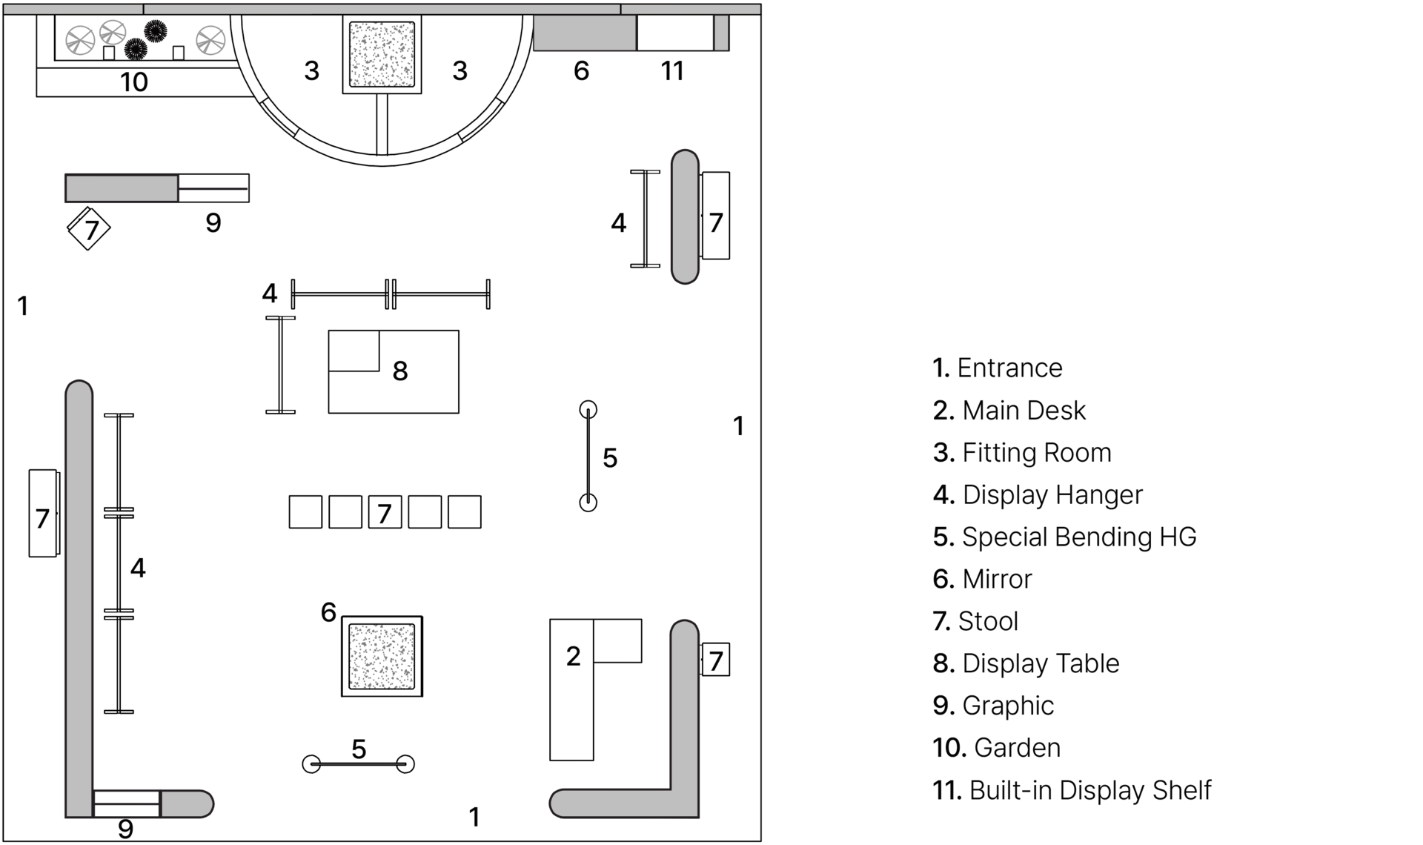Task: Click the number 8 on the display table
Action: (400, 371)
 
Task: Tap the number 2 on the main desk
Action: (573, 656)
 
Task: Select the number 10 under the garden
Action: (134, 82)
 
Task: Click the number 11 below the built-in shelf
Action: (672, 71)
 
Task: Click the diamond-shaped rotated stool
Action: (89, 228)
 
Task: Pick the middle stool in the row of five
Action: (385, 512)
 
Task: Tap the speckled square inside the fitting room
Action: (382, 55)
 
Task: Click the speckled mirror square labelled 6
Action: (382, 656)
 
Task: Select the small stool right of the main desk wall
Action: (715, 660)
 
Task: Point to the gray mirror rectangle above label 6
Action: (584, 33)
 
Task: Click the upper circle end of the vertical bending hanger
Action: (588, 409)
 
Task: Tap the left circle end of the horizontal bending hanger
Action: (312, 763)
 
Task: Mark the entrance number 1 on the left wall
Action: (23, 305)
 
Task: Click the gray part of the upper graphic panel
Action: (122, 188)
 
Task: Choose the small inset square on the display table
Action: (354, 351)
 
